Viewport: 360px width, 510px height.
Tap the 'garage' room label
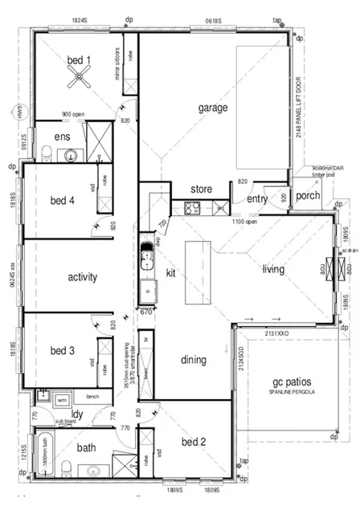point(214,107)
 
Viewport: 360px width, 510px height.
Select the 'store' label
point(201,190)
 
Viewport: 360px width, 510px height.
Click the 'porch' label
point(309,195)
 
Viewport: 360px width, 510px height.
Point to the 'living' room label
point(273,270)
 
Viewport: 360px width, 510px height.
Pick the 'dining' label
point(194,361)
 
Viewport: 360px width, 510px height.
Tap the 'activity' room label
point(77,277)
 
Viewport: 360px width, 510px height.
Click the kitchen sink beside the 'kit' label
point(147,258)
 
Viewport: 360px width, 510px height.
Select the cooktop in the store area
point(193,208)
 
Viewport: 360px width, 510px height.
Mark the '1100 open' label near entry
point(245,221)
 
